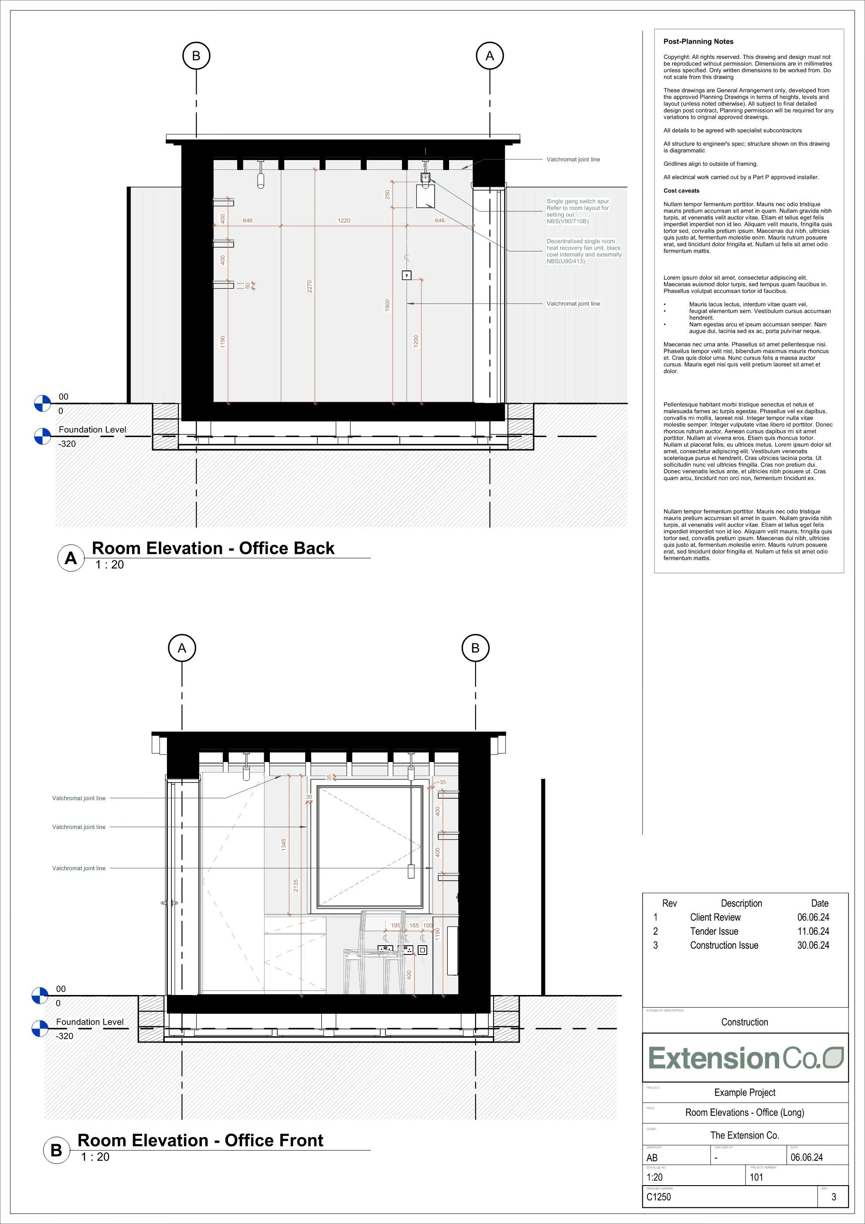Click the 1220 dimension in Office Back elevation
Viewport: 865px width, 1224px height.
344,220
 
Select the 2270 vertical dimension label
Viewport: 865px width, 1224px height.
309,286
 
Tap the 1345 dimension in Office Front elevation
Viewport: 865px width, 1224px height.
283,844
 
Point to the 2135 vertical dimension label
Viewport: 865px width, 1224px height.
296,886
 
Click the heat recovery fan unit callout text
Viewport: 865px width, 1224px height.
584,251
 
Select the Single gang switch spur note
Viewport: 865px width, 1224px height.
578,211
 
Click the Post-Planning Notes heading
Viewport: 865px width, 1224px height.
698,41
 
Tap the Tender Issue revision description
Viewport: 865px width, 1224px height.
714,931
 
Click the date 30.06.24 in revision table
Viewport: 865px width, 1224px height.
813,945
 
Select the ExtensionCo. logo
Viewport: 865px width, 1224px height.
745,1058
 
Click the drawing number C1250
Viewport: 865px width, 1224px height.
659,1197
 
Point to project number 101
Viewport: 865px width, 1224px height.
756,1177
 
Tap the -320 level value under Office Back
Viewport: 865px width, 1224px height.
67,444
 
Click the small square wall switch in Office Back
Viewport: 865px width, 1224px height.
406,275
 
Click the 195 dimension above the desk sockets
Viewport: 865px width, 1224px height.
395,926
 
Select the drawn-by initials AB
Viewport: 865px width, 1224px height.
652,1157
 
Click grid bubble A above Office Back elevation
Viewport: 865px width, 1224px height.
489,56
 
